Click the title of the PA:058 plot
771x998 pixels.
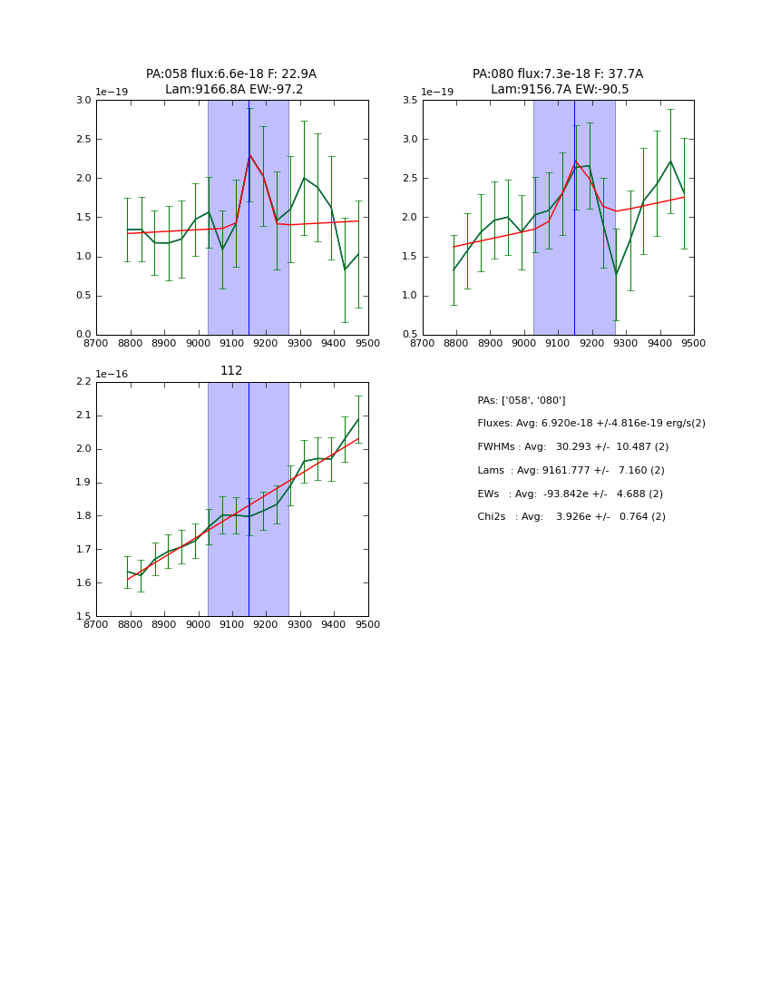231,82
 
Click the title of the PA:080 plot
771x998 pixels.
558,82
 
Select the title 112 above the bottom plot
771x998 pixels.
231,370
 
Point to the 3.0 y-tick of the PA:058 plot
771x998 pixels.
83,101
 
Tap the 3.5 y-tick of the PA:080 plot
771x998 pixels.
409,101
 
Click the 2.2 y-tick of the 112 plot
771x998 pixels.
83,382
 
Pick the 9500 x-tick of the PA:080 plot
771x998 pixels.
694,344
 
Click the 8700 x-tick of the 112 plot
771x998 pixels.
96,625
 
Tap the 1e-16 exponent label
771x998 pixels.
114,374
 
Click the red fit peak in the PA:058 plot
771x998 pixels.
249,154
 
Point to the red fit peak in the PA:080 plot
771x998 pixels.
575,161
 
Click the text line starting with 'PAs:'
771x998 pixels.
522,400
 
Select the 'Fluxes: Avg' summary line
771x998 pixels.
591,424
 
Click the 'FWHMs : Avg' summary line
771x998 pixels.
573,447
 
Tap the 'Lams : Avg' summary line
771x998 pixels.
571,471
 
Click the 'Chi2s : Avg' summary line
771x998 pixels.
571,517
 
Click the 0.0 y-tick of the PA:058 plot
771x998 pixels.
83,335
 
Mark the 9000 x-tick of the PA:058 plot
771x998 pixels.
198,344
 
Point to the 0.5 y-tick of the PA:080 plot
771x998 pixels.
409,335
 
